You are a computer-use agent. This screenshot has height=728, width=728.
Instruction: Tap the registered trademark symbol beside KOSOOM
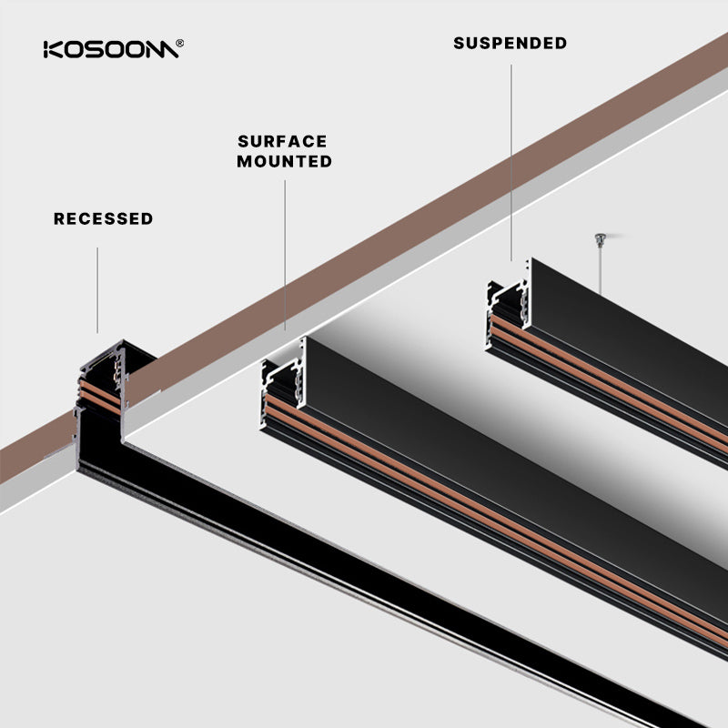coord(180,43)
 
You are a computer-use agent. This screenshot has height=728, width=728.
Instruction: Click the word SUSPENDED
coord(510,43)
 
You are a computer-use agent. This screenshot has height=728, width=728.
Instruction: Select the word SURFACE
coord(282,142)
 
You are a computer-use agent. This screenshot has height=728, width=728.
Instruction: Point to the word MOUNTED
coord(284,162)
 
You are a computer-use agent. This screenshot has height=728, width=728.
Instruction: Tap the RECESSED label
coord(103,218)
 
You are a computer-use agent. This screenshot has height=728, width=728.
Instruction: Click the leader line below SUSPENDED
coord(511,155)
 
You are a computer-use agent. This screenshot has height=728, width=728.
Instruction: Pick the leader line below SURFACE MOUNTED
coord(285,255)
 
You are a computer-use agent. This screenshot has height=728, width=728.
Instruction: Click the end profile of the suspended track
coord(508,305)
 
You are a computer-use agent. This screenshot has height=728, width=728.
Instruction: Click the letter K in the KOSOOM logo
coord(52,49)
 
